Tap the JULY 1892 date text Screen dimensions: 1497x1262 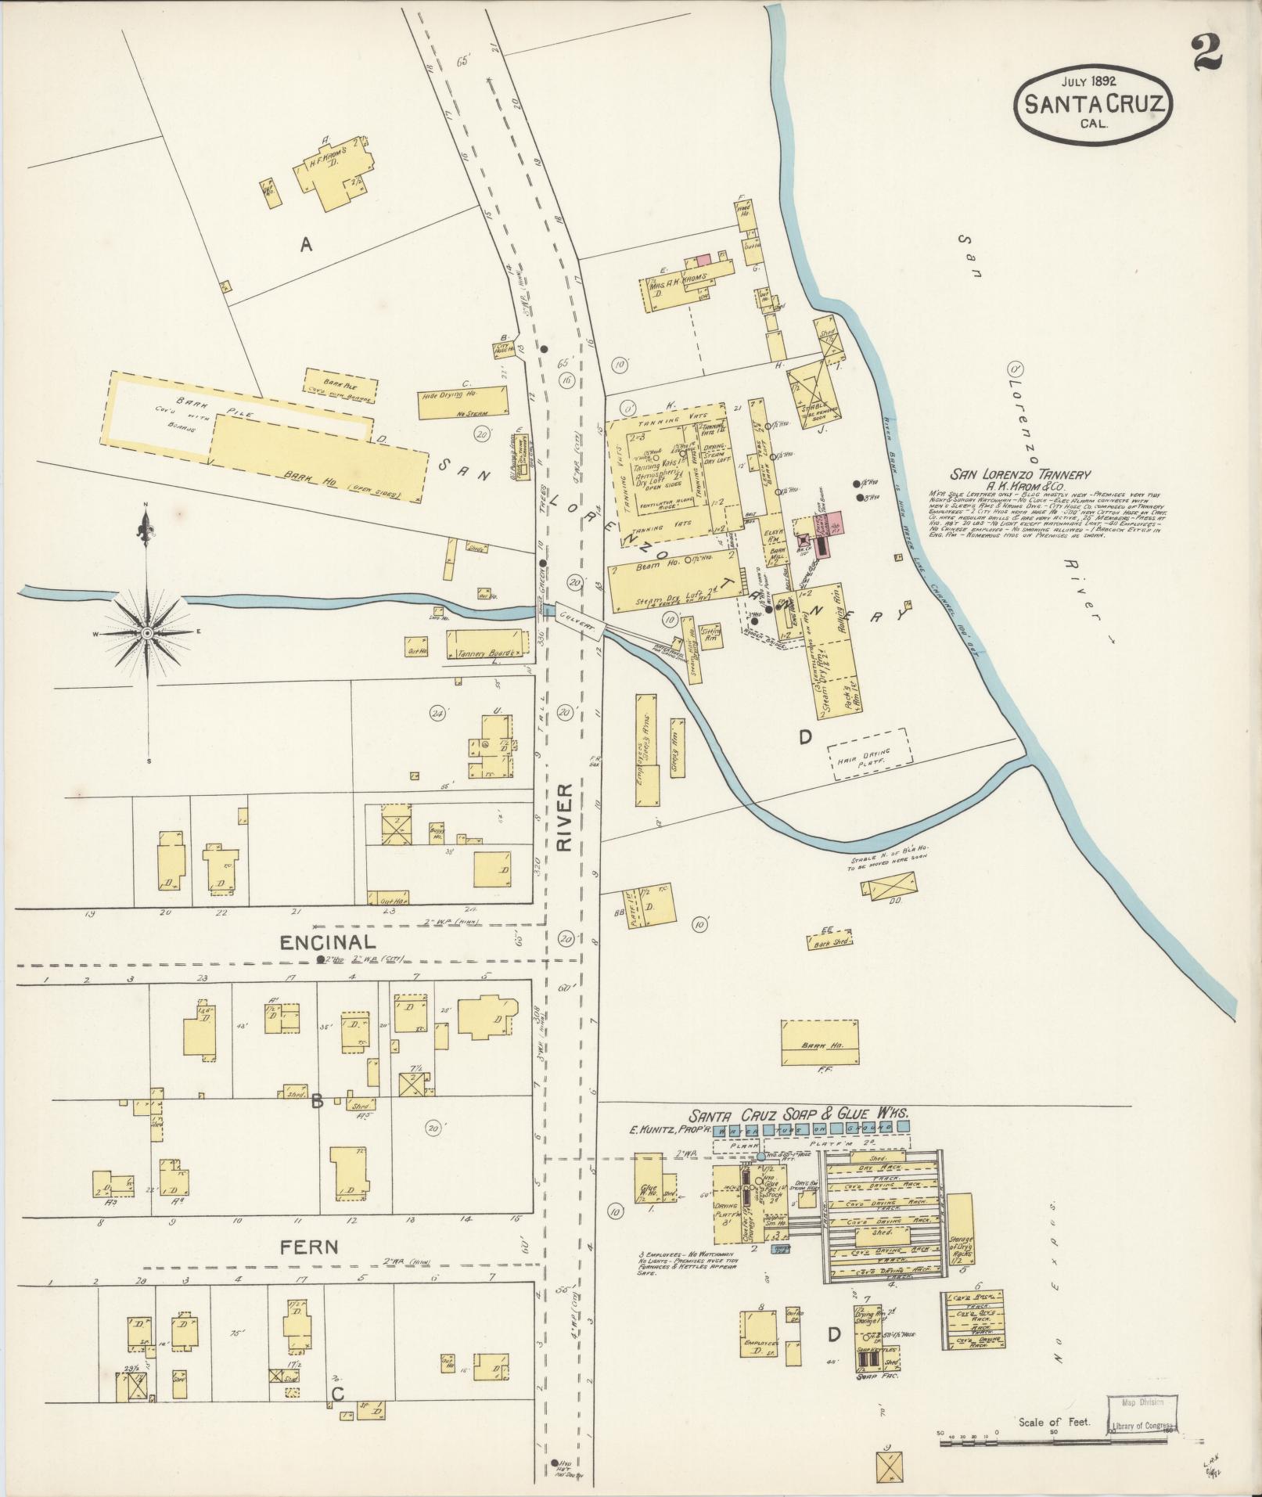point(1088,80)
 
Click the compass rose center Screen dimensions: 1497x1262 point(146,632)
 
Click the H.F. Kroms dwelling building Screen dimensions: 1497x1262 point(329,173)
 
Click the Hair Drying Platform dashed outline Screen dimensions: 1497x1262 point(869,754)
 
